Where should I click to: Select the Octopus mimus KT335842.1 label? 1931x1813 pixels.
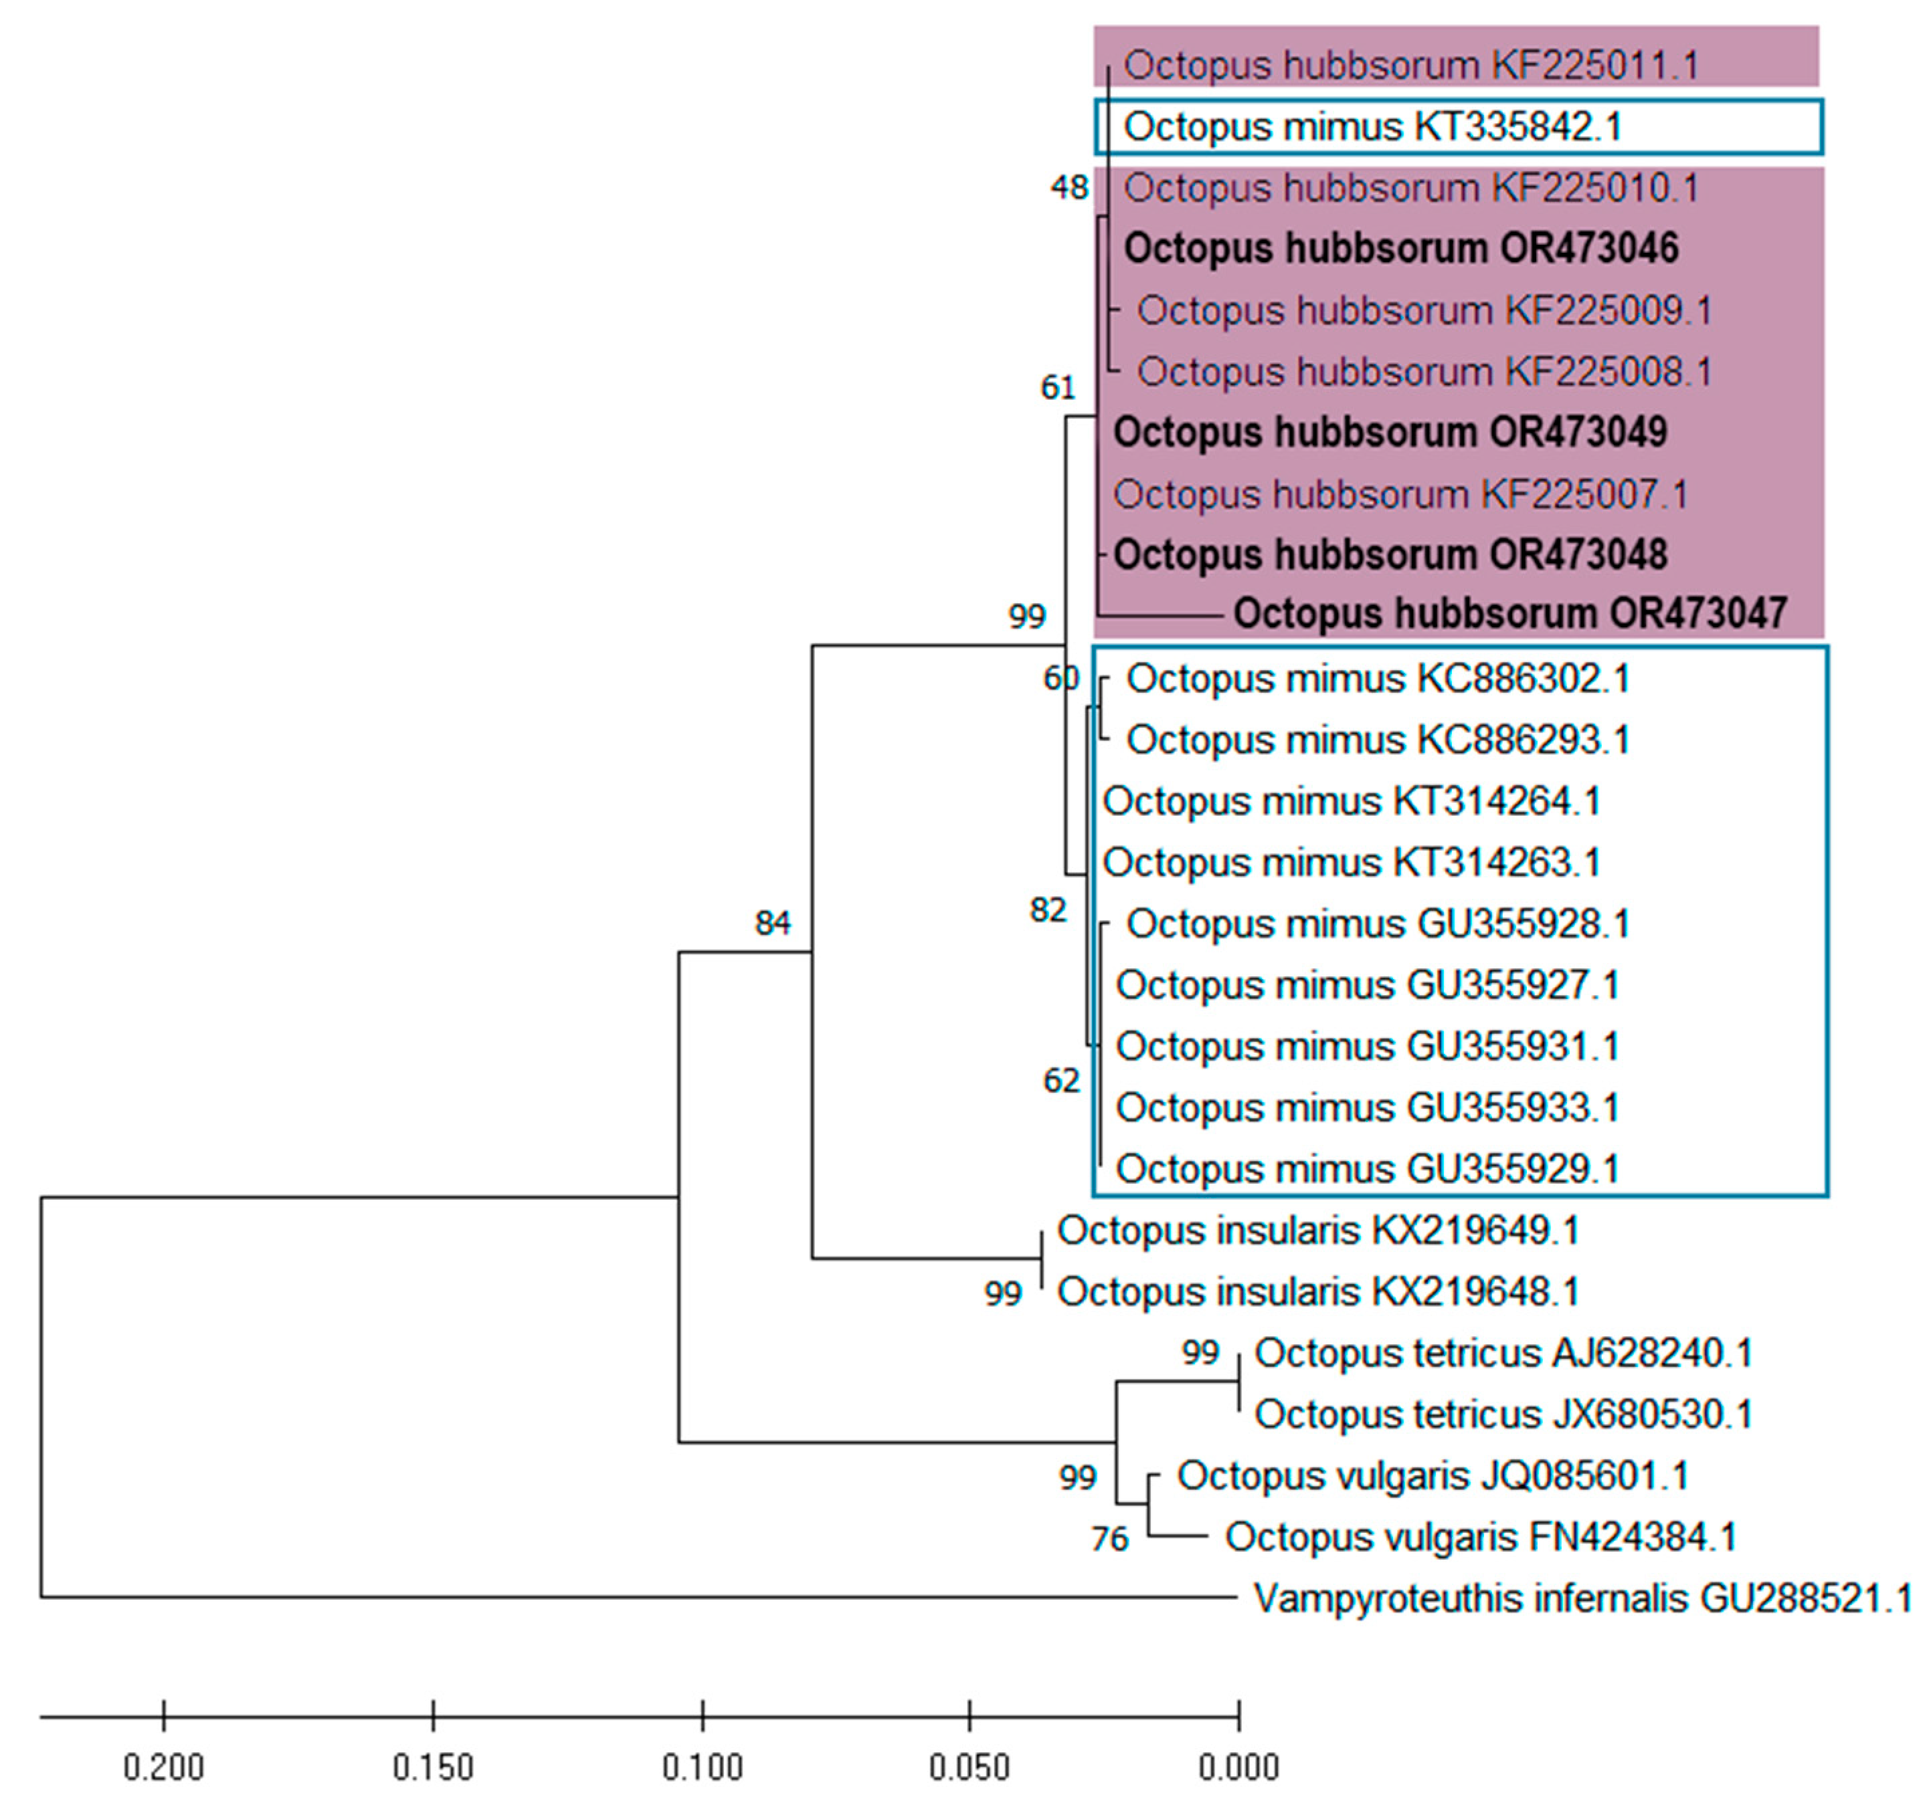[x=1372, y=127]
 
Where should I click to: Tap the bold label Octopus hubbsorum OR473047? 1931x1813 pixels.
[x=1509, y=614]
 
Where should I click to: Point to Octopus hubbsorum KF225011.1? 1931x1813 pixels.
[x=1411, y=66]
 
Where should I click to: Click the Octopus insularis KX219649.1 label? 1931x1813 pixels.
[x=1318, y=1231]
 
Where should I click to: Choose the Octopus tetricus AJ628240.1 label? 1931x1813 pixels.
[x=1503, y=1354]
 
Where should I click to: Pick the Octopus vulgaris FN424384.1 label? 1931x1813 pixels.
[x=1480, y=1537]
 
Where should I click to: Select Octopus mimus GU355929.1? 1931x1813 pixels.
[x=1368, y=1170]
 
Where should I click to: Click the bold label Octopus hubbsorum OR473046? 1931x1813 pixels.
[x=1400, y=249]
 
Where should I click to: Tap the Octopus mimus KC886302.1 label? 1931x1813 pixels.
[x=1378, y=679]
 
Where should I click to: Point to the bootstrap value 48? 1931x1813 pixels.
[x=1069, y=187]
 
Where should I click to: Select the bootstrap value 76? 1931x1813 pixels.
[x=1109, y=1539]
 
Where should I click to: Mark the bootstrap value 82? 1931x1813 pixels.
[x=1048, y=911]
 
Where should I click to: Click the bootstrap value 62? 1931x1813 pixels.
[x=1061, y=1081]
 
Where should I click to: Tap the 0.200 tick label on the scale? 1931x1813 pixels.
[x=164, y=1768]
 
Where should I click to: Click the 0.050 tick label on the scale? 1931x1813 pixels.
[x=970, y=1768]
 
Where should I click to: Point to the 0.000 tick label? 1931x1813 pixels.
[x=1238, y=1768]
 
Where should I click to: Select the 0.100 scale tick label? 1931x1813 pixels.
[x=703, y=1768]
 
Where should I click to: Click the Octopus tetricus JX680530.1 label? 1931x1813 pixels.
[x=1503, y=1415]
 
